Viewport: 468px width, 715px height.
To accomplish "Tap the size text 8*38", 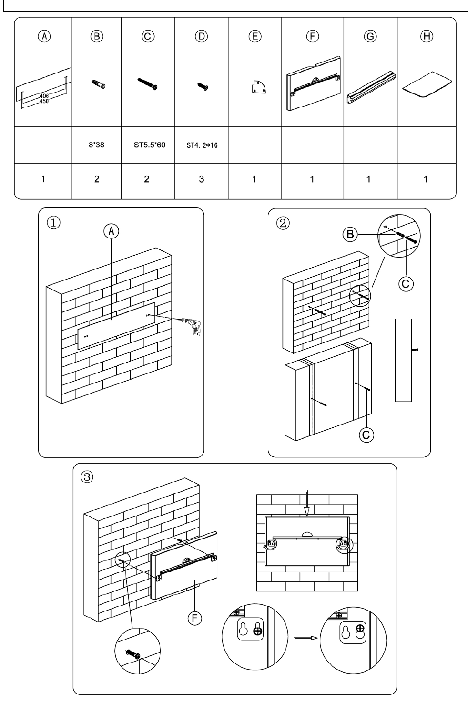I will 97,145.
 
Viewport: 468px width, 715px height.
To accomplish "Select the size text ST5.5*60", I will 149,145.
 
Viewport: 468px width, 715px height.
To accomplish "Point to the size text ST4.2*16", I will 202,145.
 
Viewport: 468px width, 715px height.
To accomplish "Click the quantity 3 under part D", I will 202,179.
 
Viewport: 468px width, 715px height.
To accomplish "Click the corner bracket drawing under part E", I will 257,88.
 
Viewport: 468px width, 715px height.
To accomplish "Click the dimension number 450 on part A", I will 44,101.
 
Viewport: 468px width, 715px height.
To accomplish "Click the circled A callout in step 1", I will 112,231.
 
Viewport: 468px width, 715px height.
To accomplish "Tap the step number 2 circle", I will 283,222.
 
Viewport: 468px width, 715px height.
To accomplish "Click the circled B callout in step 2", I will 350,234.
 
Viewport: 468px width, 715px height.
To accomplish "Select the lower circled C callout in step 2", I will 366,435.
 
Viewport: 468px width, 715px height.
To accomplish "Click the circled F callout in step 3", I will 194,618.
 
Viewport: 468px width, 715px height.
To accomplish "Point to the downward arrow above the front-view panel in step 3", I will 307,503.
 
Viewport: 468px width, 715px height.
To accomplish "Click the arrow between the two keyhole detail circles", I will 305,637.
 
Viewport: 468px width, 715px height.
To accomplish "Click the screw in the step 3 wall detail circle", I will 132,654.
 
